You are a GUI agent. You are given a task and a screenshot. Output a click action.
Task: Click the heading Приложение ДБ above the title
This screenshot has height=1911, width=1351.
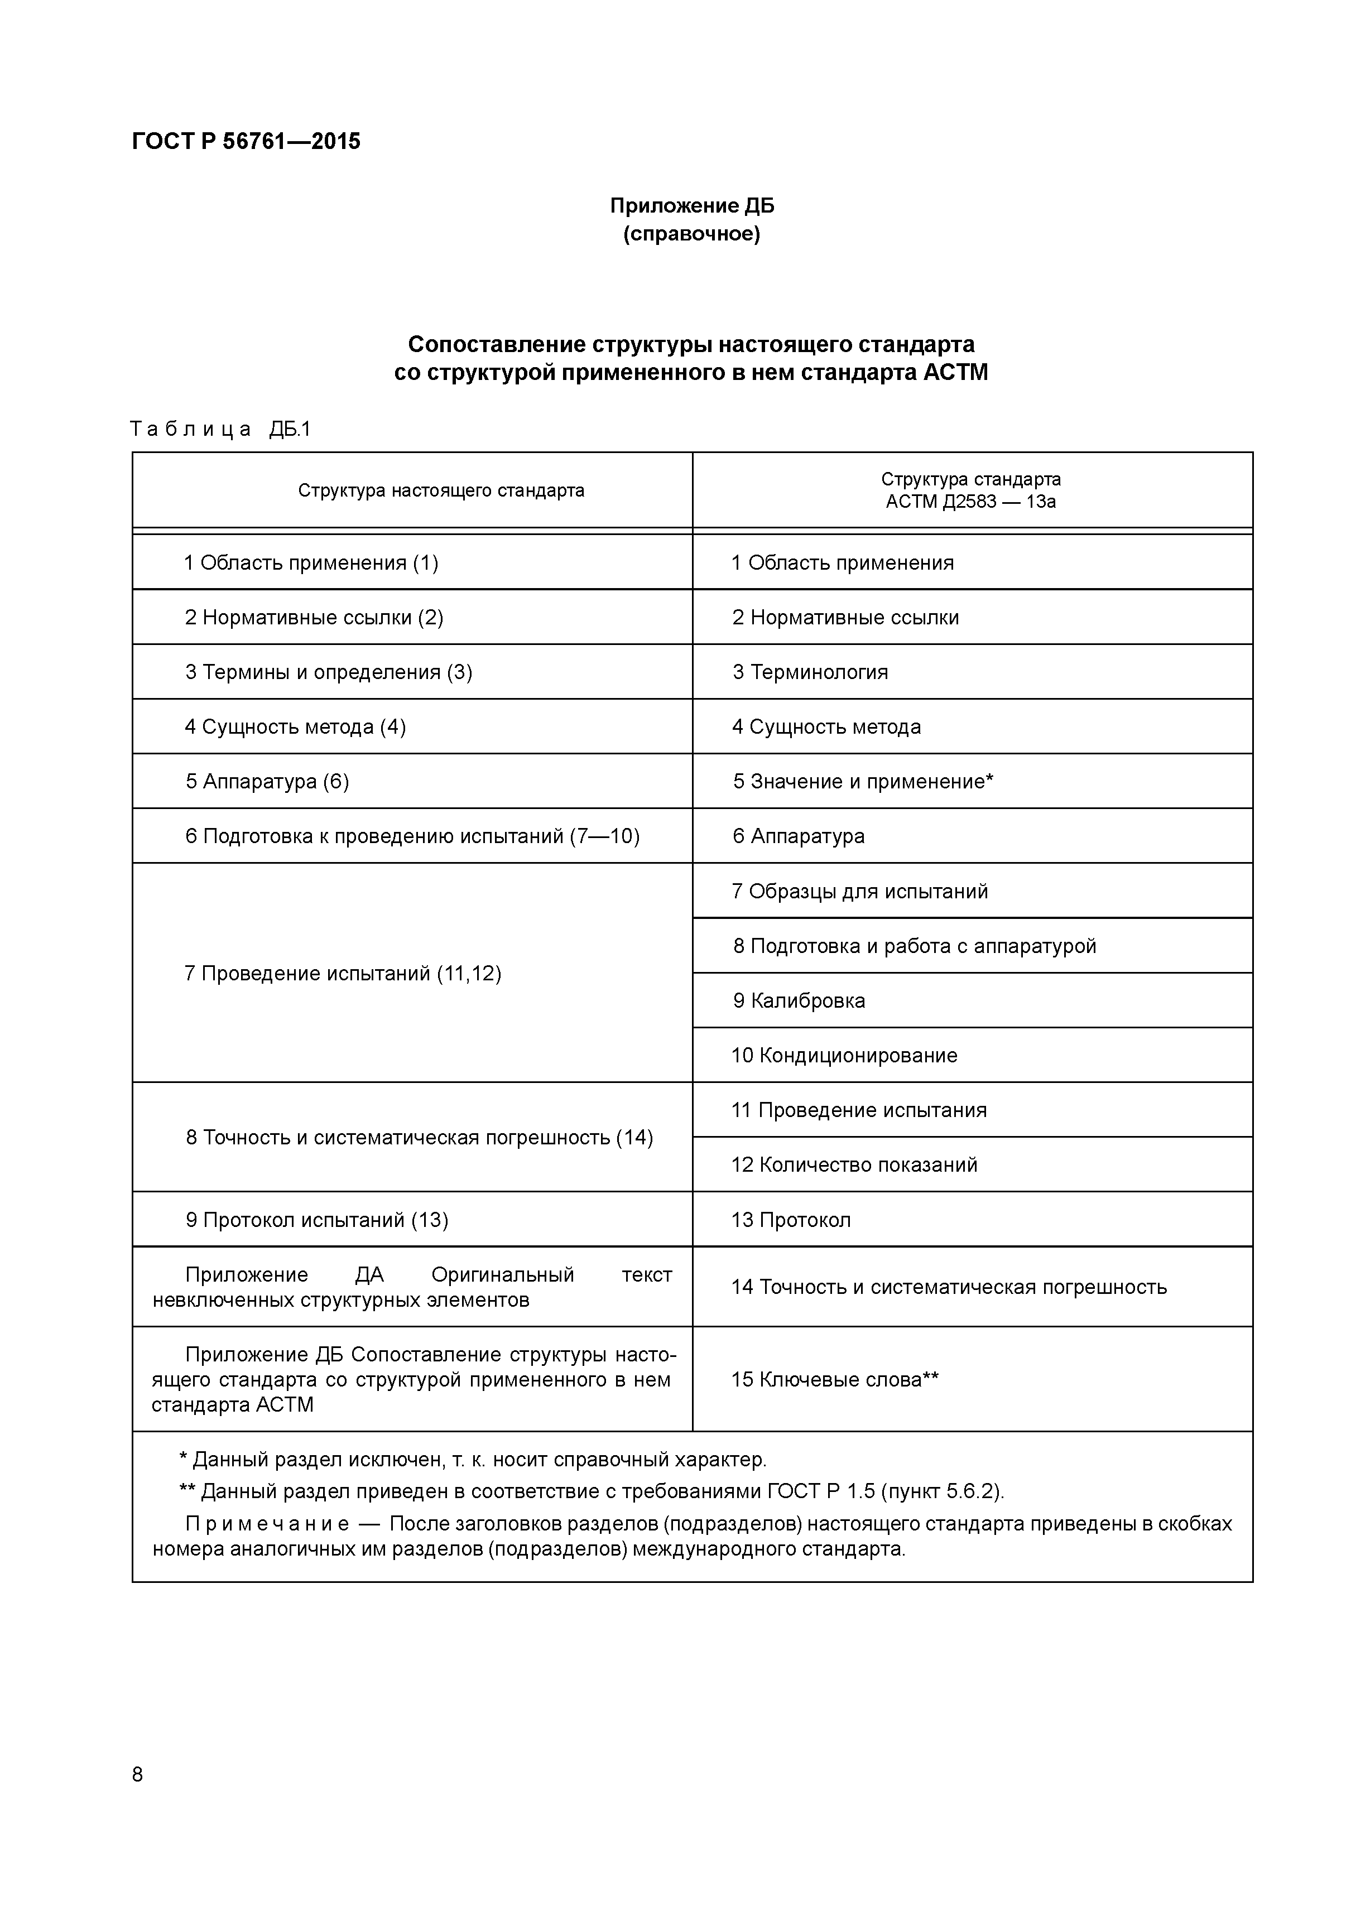point(692,205)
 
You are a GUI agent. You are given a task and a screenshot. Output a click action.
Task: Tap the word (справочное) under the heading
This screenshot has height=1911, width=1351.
point(692,234)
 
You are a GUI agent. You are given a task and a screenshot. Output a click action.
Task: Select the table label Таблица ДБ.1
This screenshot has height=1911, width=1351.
point(220,430)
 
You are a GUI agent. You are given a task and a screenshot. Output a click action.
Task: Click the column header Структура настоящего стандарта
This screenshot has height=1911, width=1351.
point(441,490)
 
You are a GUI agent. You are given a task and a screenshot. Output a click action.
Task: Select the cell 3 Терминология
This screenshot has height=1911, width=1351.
point(810,672)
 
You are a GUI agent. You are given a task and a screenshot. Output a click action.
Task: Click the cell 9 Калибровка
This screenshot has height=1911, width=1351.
point(799,1000)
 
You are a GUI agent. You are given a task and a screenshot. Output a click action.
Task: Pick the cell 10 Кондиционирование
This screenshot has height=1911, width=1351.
point(844,1056)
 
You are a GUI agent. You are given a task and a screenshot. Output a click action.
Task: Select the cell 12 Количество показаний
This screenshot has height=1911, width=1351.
point(854,1164)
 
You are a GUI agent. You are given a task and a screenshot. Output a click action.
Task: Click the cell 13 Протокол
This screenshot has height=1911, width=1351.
point(791,1220)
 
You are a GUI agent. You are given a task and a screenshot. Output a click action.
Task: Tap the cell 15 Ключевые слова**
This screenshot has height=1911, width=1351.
point(835,1379)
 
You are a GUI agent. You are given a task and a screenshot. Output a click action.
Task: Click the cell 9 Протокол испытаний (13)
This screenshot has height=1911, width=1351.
point(316,1220)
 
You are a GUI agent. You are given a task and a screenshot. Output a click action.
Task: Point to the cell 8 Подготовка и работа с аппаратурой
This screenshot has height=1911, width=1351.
point(914,946)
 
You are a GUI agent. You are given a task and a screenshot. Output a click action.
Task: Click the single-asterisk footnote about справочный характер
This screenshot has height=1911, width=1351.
point(473,1460)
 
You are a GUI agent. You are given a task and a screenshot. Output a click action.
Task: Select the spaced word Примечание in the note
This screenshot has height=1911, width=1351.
point(266,1524)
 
